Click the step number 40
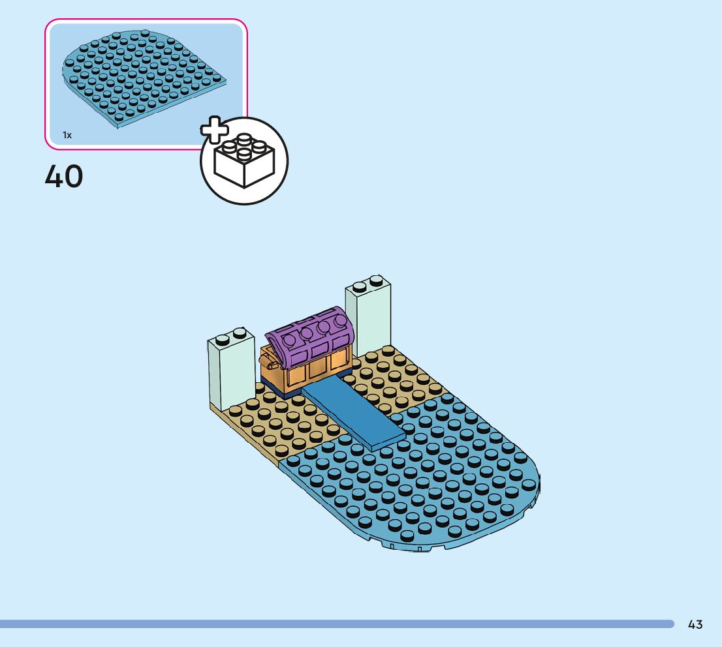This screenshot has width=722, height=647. tap(64, 176)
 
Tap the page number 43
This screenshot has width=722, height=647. tap(695, 624)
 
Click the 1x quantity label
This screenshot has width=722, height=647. tap(67, 135)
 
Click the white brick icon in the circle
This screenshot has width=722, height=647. tap(243, 161)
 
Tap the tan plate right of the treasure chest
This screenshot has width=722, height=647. tap(392, 382)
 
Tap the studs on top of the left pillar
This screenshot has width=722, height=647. tap(231, 337)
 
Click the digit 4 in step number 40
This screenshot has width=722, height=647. tap(54, 176)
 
